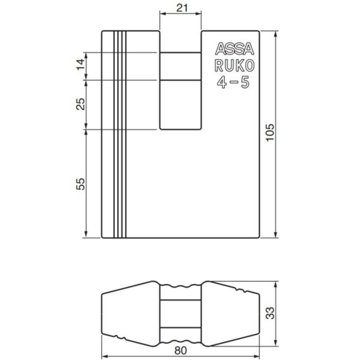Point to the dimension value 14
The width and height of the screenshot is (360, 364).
(81, 66)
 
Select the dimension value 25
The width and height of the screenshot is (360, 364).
(81, 105)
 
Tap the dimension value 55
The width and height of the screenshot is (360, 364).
(81, 183)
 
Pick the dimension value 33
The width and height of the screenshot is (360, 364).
(270, 314)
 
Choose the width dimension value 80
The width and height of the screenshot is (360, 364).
(179, 352)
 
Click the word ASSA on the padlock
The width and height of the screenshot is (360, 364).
(232, 49)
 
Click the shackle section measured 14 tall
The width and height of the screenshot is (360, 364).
(179, 66)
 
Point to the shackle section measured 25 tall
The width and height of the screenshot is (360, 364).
(179, 105)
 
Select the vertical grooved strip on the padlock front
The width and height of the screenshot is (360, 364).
(119, 135)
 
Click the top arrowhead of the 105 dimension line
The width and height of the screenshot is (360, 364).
(277, 34)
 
